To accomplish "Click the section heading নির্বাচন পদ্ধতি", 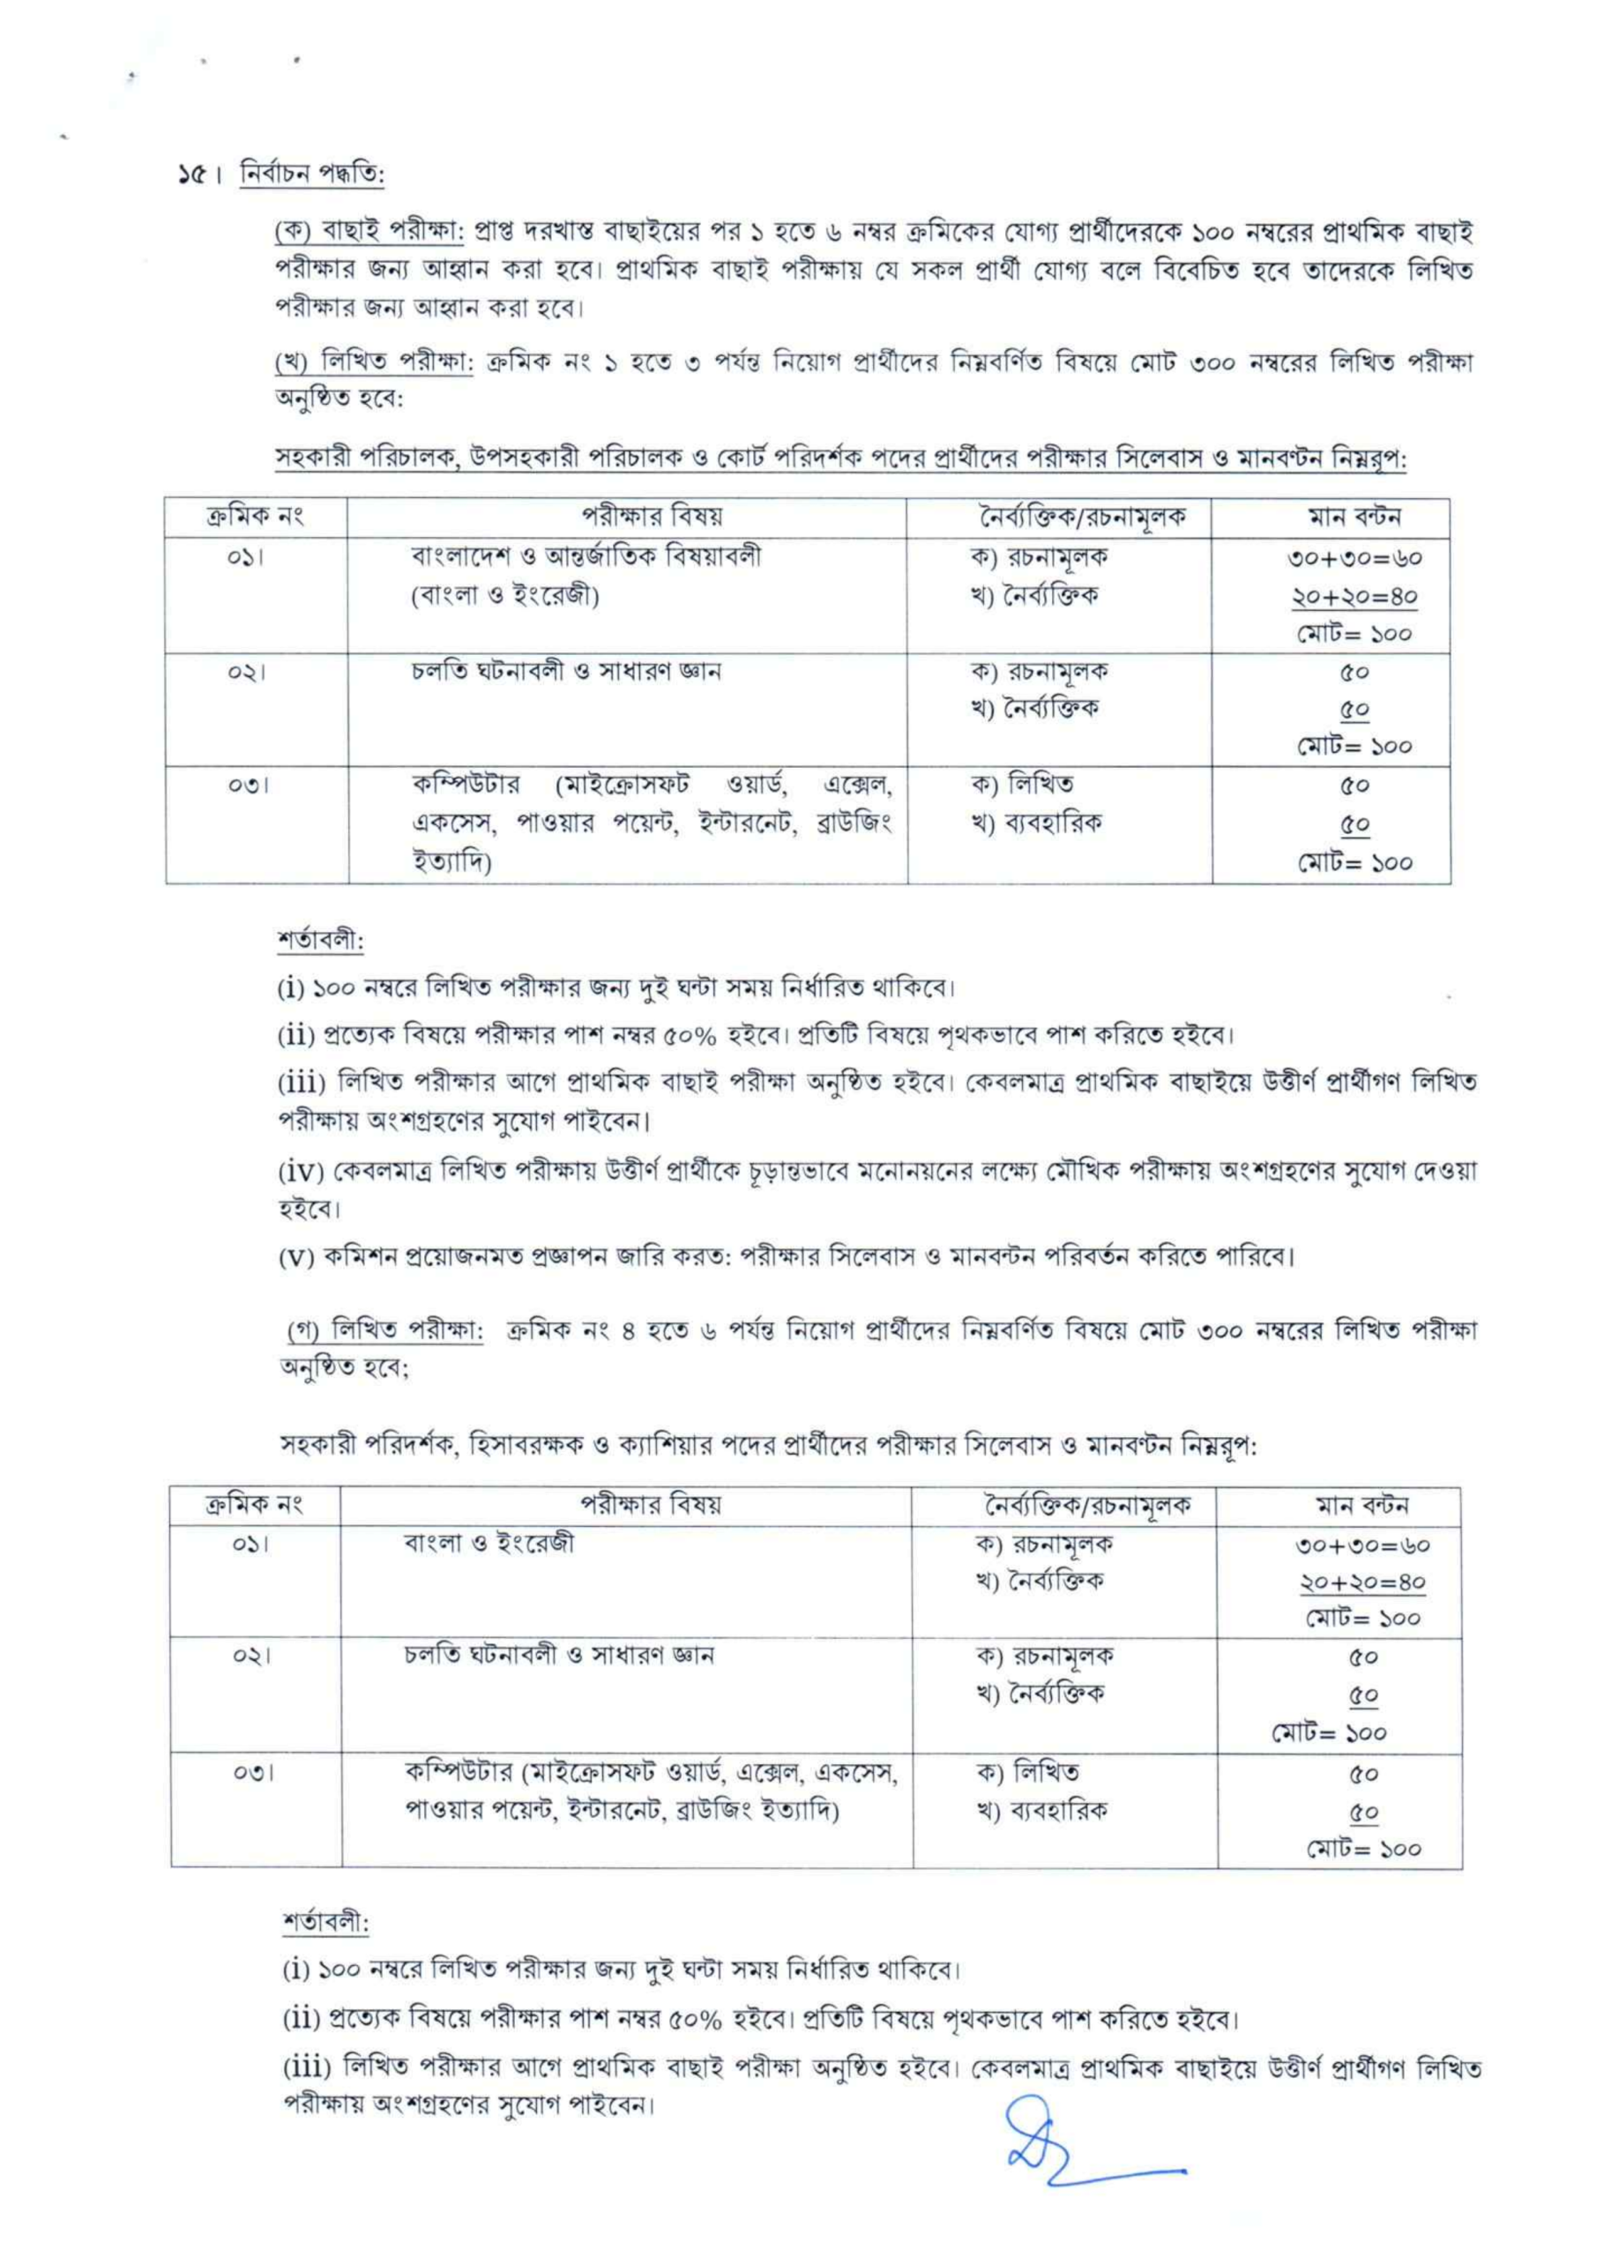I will (311, 176).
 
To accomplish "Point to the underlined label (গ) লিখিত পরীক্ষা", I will (384, 1330).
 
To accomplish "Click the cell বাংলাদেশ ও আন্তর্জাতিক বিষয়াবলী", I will (586, 556).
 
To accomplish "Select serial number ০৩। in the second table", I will (254, 1772).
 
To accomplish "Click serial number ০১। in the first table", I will (245, 557).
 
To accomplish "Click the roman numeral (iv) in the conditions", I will (301, 1172).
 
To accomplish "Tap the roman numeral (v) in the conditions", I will (295, 1257).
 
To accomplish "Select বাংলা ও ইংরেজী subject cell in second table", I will (489, 1543).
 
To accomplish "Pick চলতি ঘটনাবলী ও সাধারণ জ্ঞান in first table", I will (566, 671).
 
